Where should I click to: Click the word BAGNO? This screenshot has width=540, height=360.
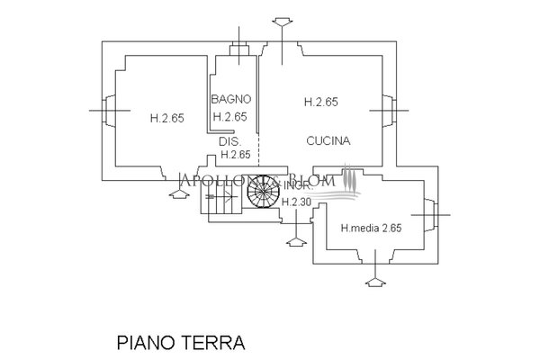pyautogui.click(x=231, y=98)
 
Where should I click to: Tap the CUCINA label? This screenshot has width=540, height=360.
pyautogui.click(x=328, y=141)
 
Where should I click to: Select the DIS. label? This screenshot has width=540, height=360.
pyautogui.click(x=228, y=141)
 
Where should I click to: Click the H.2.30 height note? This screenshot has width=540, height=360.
pyautogui.click(x=296, y=202)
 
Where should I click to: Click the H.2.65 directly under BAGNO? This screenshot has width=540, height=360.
pyautogui.click(x=229, y=117)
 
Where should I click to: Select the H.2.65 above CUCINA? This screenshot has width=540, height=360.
pyautogui.click(x=320, y=103)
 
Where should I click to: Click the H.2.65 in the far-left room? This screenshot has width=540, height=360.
pyautogui.click(x=166, y=117)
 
